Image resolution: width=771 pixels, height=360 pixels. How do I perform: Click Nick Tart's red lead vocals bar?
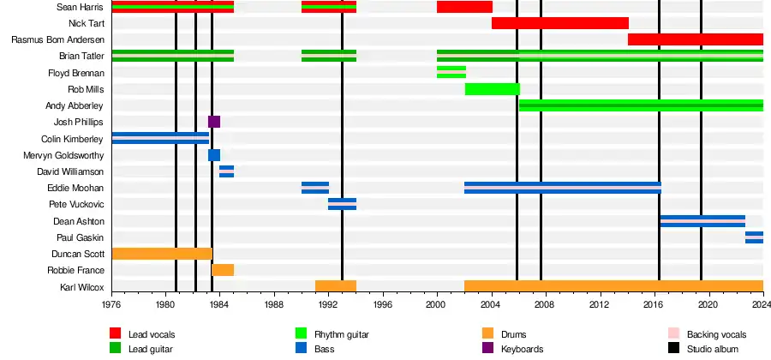[x=559, y=23]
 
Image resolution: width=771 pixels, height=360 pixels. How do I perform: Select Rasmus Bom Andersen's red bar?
[x=695, y=39]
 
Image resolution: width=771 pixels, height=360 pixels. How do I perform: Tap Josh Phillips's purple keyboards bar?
[x=214, y=122]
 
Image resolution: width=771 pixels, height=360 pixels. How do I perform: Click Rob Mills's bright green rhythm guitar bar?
[x=492, y=89]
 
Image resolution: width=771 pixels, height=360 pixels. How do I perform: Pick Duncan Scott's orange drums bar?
[x=162, y=254]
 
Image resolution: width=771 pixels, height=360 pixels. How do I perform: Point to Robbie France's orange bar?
[x=223, y=270]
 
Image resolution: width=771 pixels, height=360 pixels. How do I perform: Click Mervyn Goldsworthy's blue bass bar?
[x=214, y=155]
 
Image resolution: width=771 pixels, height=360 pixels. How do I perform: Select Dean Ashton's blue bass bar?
[x=702, y=220]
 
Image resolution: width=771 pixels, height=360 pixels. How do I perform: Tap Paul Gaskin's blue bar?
[x=754, y=237]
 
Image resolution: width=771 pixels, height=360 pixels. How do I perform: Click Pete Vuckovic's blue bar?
[x=342, y=204]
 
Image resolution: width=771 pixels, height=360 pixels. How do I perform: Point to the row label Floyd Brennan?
[x=77, y=74]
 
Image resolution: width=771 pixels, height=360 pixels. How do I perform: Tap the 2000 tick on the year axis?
[x=437, y=303]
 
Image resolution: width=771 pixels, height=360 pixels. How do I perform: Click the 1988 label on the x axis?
[x=274, y=303]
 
